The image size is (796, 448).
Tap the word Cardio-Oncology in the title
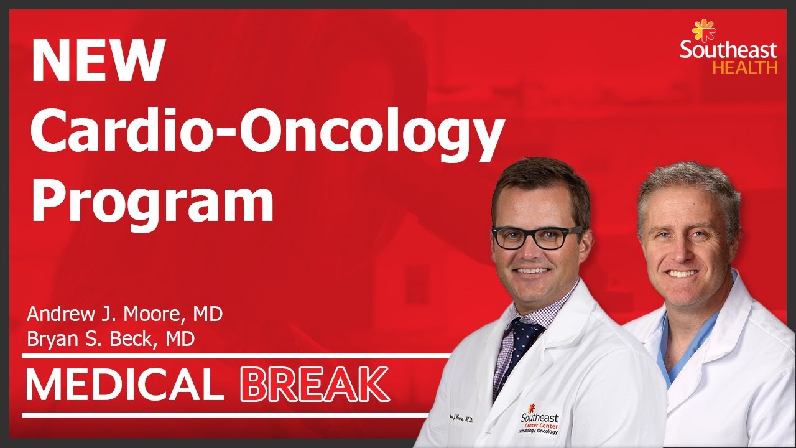[266, 133]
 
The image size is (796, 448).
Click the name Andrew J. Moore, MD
[124, 314]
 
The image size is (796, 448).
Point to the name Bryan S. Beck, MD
[111, 339]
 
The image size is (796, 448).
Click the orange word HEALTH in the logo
[744, 68]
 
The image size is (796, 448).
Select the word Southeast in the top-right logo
[728, 50]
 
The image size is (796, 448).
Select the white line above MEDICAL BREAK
[236, 357]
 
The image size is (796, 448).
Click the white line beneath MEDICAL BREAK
[224, 414]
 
